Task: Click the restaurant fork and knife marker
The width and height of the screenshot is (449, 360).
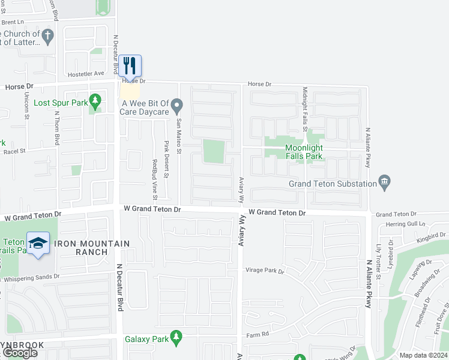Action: tap(130, 64)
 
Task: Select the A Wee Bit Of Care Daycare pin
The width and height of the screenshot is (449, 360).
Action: tap(176, 107)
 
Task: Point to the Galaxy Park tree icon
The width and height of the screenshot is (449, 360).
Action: tap(176, 338)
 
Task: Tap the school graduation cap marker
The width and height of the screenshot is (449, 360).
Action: tap(38, 243)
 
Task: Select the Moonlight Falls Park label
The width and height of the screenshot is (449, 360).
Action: tap(304, 152)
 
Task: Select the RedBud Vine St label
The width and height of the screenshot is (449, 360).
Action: tap(155, 179)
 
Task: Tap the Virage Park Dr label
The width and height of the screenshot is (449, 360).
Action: tap(264, 271)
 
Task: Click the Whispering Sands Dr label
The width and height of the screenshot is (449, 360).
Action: tap(30, 277)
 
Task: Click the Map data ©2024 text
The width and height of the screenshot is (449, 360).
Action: tap(423, 355)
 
